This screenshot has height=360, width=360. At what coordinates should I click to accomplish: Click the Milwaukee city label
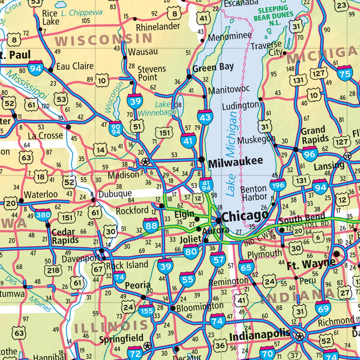pyautogui.click(x=235, y=161)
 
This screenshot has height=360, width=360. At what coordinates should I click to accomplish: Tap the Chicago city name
pyautogui.click(x=245, y=215)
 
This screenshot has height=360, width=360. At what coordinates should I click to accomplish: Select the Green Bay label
pyautogui.click(x=213, y=67)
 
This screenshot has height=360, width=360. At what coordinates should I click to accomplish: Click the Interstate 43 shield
pyautogui.click(x=205, y=118)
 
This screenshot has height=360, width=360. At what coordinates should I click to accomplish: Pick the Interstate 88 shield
pyautogui.click(x=151, y=226)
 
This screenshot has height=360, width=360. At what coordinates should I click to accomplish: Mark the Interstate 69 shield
pyautogui.click(x=323, y=309)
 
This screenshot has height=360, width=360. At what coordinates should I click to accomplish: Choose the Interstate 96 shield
pyautogui.click(x=310, y=154)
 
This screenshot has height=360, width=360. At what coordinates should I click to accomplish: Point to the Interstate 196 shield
pyautogui.click(x=278, y=186)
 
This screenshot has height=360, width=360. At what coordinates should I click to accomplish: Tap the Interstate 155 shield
pyautogui.click(x=146, y=311)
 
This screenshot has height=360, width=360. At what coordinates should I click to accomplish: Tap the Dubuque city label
pyautogui.click(x=115, y=193)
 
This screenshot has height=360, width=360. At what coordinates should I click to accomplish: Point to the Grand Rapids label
pyautogui.click(x=313, y=136)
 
